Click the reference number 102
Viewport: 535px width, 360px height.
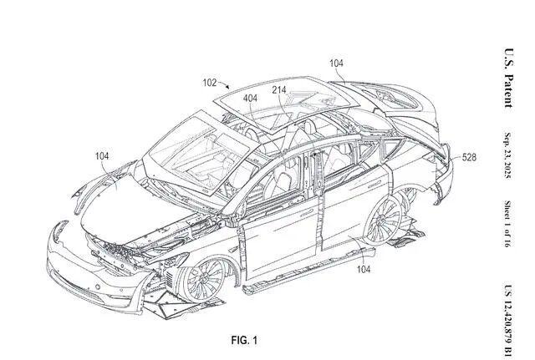coord(210,83)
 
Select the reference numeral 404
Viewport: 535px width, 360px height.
coord(250,99)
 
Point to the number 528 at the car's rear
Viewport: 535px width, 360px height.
coord(469,155)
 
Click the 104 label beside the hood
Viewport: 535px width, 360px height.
coord(101,156)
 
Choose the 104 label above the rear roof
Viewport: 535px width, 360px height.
coord(336,63)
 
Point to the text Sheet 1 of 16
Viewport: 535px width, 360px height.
coord(507,222)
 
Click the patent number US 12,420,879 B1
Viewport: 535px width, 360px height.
coord(507,305)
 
